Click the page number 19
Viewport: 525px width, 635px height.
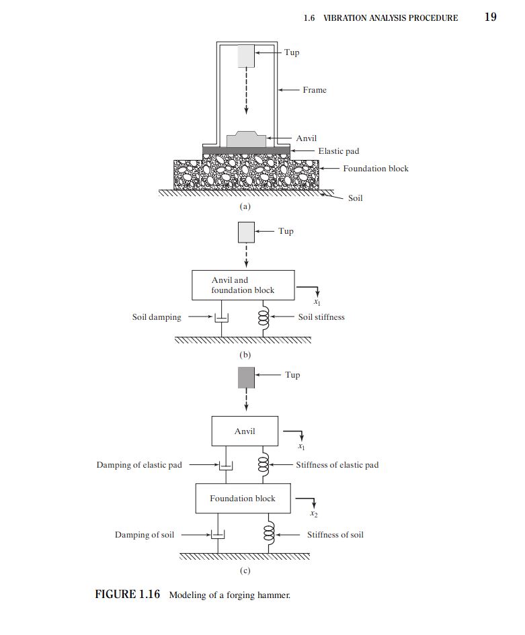point(490,17)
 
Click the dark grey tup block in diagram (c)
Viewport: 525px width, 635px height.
point(246,378)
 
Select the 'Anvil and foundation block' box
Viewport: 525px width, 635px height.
point(243,285)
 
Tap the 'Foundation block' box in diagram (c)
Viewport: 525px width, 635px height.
point(243,498)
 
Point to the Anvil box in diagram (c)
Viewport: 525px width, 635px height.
point(245,431)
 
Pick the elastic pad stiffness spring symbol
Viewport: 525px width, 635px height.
point(264,464)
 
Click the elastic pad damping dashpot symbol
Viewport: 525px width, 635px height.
point(226,464)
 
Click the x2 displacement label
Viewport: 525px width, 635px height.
point(314,513)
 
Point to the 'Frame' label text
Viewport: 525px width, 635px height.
point(315,90)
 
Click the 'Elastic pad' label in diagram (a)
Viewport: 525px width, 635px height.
point(339,151)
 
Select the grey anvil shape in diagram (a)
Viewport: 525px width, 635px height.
point(246,139)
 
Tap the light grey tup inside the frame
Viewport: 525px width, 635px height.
point(246,56)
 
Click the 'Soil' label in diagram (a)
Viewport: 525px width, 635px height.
point(356,198)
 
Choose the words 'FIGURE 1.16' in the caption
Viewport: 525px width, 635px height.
point(128,594)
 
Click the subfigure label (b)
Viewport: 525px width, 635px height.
point(245,355)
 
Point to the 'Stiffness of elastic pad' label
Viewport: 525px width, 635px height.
point(337,465)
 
